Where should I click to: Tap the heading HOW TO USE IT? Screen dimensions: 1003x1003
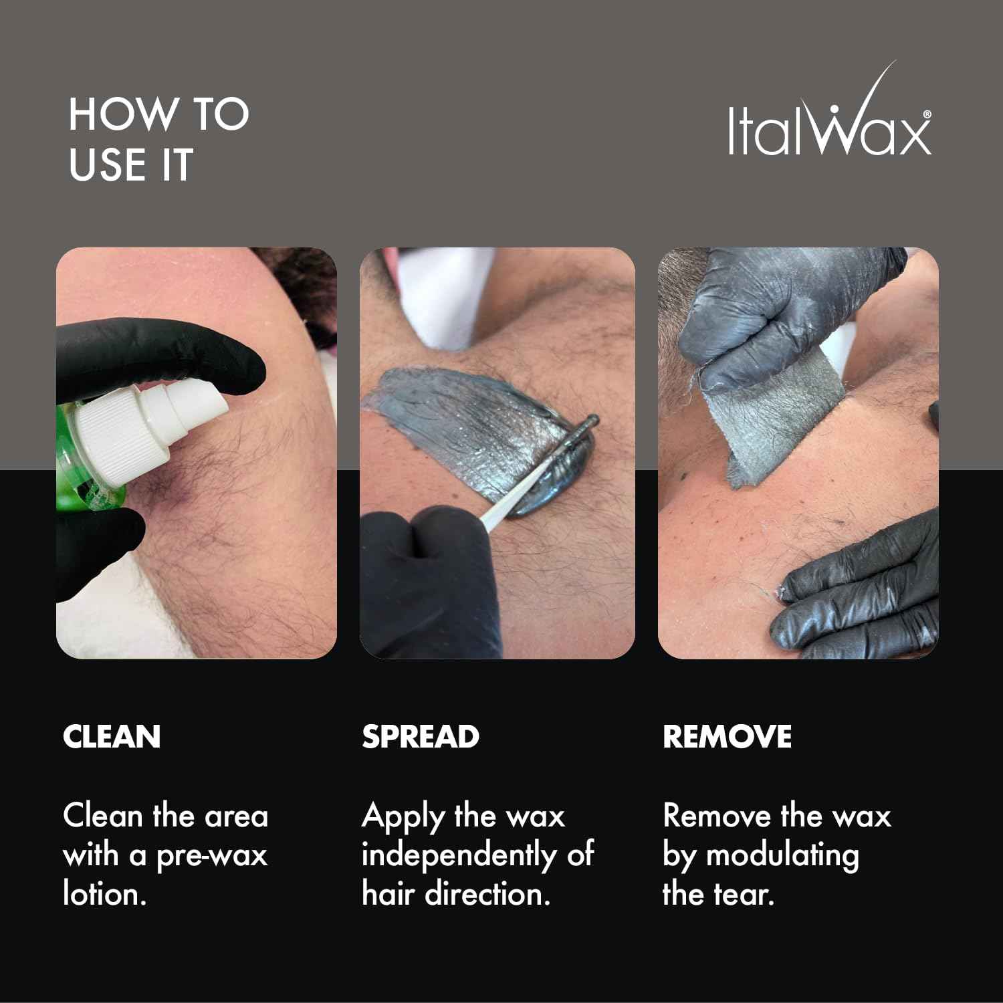coord(158,139)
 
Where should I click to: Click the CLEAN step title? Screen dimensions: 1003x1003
coord(112,737)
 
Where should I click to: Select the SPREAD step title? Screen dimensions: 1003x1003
coord(421,737)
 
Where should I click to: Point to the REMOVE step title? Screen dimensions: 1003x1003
coord(727,737)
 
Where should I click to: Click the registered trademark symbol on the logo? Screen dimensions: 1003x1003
coord(927,114)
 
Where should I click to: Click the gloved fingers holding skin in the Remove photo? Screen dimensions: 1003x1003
coord(863,588)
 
